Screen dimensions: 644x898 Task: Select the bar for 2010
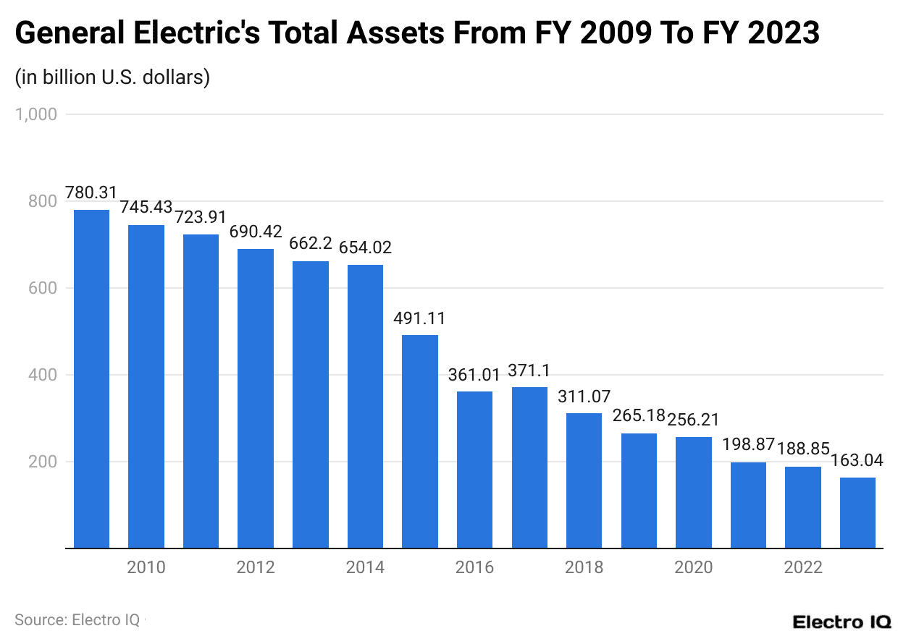146,386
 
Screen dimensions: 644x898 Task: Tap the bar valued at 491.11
420,441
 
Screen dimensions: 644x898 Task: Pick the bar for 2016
474,470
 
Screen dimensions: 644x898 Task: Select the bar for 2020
694,492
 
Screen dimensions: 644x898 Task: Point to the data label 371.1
529,371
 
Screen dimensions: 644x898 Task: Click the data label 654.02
365,247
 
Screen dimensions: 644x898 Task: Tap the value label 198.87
748,444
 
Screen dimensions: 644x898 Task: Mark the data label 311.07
584,397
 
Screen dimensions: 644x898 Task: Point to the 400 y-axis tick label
42,375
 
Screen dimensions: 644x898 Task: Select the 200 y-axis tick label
42,462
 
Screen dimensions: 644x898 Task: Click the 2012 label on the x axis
256,567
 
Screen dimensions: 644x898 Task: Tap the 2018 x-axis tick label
584,567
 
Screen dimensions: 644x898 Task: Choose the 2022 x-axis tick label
803,567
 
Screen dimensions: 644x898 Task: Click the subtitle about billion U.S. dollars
112,77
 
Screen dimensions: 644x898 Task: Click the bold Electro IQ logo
842,622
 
